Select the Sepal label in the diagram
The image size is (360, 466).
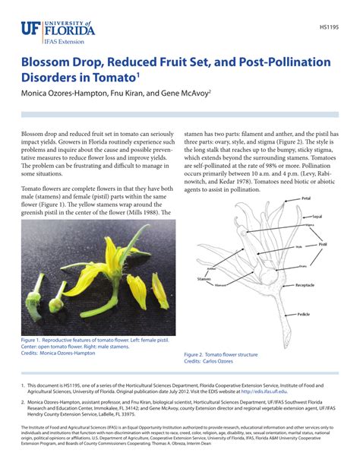(x=317, y=217)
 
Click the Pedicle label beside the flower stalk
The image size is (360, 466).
(x=303, y=313)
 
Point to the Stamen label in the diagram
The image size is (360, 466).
(x=204, y=279)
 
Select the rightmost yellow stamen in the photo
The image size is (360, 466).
(x=160, y=290)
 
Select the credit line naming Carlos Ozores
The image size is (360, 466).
(x=208, y=362)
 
